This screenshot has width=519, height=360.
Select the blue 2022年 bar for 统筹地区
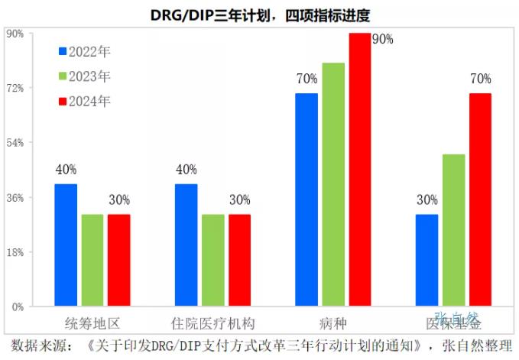pyautogui.click(x=66, y=245)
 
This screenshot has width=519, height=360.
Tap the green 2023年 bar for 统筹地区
pyautogui.click(x=92, y=260)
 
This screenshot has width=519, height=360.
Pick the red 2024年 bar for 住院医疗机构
pyautogui.click(x=239, y=260)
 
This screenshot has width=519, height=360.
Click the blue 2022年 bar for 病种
pyautogui.click(x=307, y=199)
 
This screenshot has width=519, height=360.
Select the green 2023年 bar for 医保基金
pyautogui.click(x=453, y=230)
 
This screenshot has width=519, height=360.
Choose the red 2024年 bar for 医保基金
pyautogui.click(x=480, y=199)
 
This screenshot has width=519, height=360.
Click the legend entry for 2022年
pyautogui.click(x=84, y=51)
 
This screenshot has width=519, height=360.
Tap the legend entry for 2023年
pyautogui.click(x=84, y=76)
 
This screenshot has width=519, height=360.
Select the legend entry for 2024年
pyautogui.click(x=84, y=100)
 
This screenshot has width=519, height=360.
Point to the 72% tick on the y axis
pyautogui.click(x=15, y=88)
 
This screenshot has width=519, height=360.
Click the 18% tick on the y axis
pyautogui.click(x=15, y=252)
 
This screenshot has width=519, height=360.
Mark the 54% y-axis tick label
pyautogui.click(x=15, y=143)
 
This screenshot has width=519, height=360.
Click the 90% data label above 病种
pyautogui.click(x=382, y=39)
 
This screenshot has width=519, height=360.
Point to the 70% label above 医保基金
pyautogui.click(x=480, y=79)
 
